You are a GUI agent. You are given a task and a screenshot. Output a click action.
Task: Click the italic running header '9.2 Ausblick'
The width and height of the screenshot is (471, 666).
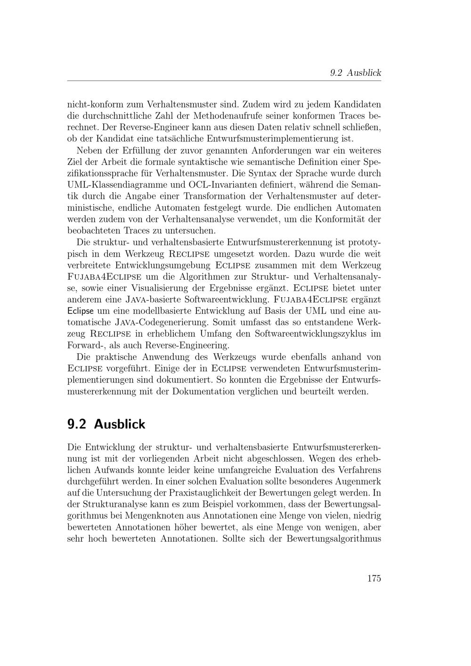(355, 73)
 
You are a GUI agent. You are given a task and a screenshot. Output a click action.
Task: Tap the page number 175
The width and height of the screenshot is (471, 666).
(374, 578)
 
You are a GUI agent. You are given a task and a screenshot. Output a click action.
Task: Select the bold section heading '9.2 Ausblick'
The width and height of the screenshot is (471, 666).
(106, 424)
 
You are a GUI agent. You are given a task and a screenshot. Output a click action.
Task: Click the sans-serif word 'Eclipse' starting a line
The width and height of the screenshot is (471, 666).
(81, 311)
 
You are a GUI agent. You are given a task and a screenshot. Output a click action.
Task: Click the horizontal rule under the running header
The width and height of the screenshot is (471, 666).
(224, 81)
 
